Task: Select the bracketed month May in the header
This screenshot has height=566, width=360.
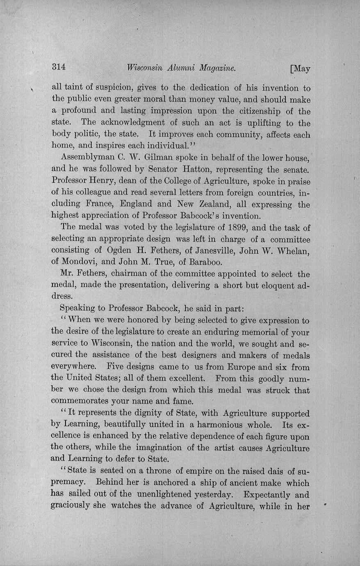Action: [x=301, y=68]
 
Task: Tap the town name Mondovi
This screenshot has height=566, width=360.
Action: [x=76, y=262]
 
